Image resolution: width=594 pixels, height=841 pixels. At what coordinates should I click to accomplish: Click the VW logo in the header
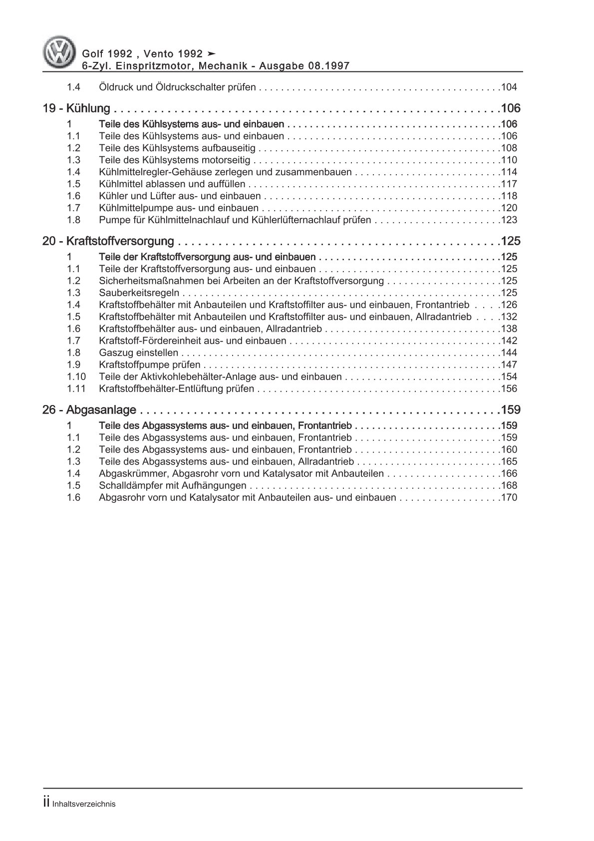[x=59, y=52]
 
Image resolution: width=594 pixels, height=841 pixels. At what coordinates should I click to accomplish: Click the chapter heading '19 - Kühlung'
[x=76, y=108]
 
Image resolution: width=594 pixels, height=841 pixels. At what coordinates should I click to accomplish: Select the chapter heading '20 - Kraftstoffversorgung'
[x=108, y=241]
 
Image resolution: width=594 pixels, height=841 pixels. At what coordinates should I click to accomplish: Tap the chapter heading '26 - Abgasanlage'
[x=89, y=410]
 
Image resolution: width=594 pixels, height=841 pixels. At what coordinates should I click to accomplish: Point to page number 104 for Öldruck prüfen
[x=509, y=87]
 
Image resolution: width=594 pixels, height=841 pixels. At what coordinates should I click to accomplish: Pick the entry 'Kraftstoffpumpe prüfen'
[x=150, y=365]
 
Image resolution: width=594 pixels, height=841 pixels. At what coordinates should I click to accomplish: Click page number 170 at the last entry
[x=509, y=497]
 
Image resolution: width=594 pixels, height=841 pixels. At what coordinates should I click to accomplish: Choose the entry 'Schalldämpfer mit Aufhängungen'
[x=172, y=485]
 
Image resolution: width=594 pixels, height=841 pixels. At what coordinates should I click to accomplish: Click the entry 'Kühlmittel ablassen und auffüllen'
[x=172, y=184]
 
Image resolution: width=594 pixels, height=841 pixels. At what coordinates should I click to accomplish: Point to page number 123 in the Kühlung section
[x=509, y=220]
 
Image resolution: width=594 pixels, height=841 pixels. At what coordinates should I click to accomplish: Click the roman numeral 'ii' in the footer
[x=46, y=803]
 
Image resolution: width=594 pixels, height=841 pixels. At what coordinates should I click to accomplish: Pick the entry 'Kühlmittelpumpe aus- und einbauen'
[x=179, y=208]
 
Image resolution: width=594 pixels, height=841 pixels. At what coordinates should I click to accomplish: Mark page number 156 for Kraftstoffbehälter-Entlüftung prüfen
[x=509, y=389]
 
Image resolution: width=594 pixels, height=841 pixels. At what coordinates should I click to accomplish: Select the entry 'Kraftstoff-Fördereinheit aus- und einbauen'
[x=192, y=341]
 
